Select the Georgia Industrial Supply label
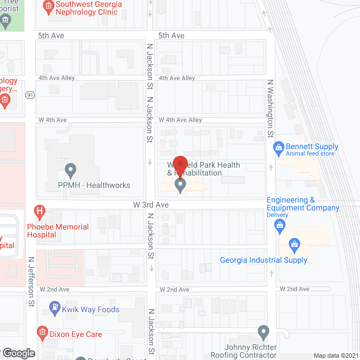pos(264,260)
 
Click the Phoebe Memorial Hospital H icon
pos(39,213)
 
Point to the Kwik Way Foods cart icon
pos(55,309)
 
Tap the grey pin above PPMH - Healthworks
pos(70,169)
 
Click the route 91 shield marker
pos(30,95)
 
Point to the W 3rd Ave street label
pos(151,205)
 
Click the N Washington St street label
pos(270,109)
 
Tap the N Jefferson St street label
pos(30,282)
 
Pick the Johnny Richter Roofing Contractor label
pos(243,351)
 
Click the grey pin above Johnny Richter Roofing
pos(263,332)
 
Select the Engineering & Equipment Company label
pos(303,204)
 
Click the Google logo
pos(19,353)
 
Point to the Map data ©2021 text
pos(335,355)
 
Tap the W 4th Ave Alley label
pos(180,120)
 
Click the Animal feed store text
pos(310,154)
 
